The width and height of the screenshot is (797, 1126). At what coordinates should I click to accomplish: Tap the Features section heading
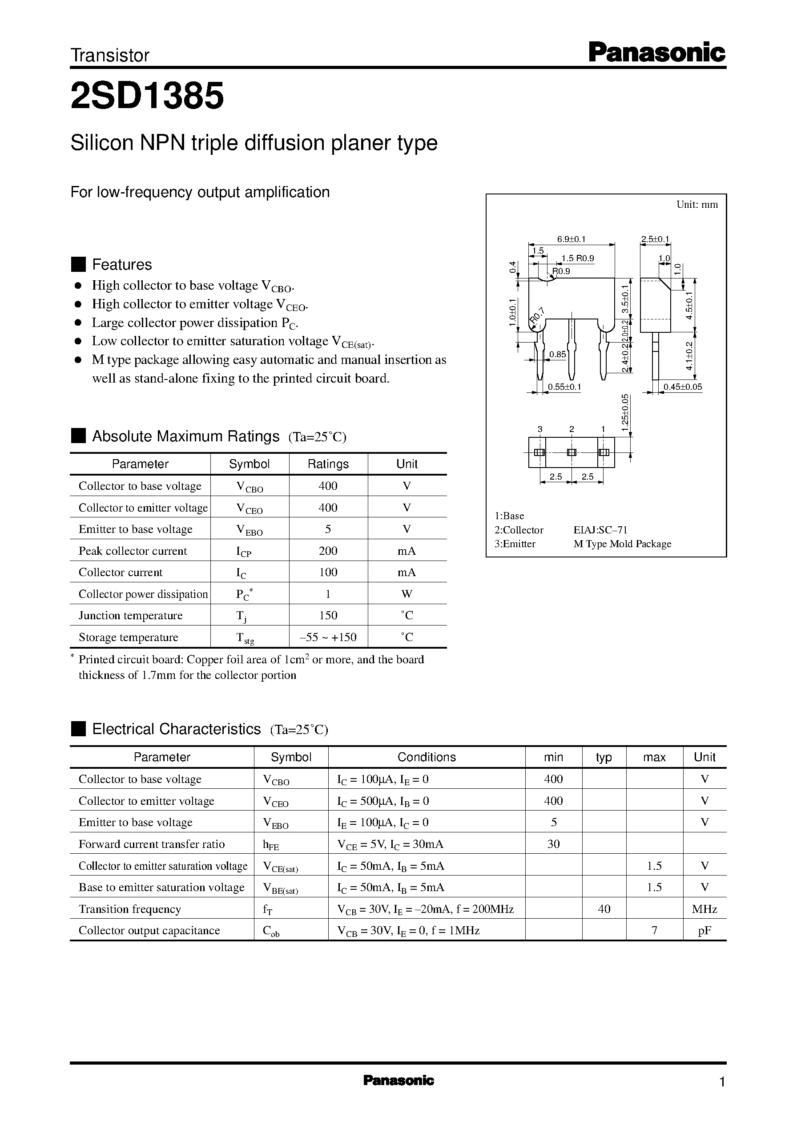122,265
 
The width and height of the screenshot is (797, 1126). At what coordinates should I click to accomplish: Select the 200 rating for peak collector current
328,551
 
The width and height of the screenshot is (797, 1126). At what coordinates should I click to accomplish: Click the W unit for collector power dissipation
407,594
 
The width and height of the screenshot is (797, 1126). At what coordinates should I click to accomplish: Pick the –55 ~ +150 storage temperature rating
328,637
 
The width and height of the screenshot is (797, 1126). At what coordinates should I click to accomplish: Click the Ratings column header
328,464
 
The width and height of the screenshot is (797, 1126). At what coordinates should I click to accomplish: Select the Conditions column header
427,757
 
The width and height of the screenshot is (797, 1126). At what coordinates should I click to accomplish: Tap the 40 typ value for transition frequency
604,909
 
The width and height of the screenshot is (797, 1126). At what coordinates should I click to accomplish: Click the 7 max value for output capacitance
654,931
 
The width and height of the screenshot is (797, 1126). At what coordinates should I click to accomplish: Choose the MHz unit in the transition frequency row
704,909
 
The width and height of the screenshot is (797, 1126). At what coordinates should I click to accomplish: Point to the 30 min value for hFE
554,844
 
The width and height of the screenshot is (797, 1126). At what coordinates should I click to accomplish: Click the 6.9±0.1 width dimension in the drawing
571,239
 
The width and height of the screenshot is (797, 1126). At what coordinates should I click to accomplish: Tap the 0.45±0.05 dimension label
683,387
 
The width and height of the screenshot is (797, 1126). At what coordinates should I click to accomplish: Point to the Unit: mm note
697,205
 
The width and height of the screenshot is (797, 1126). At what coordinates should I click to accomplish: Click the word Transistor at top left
110,56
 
